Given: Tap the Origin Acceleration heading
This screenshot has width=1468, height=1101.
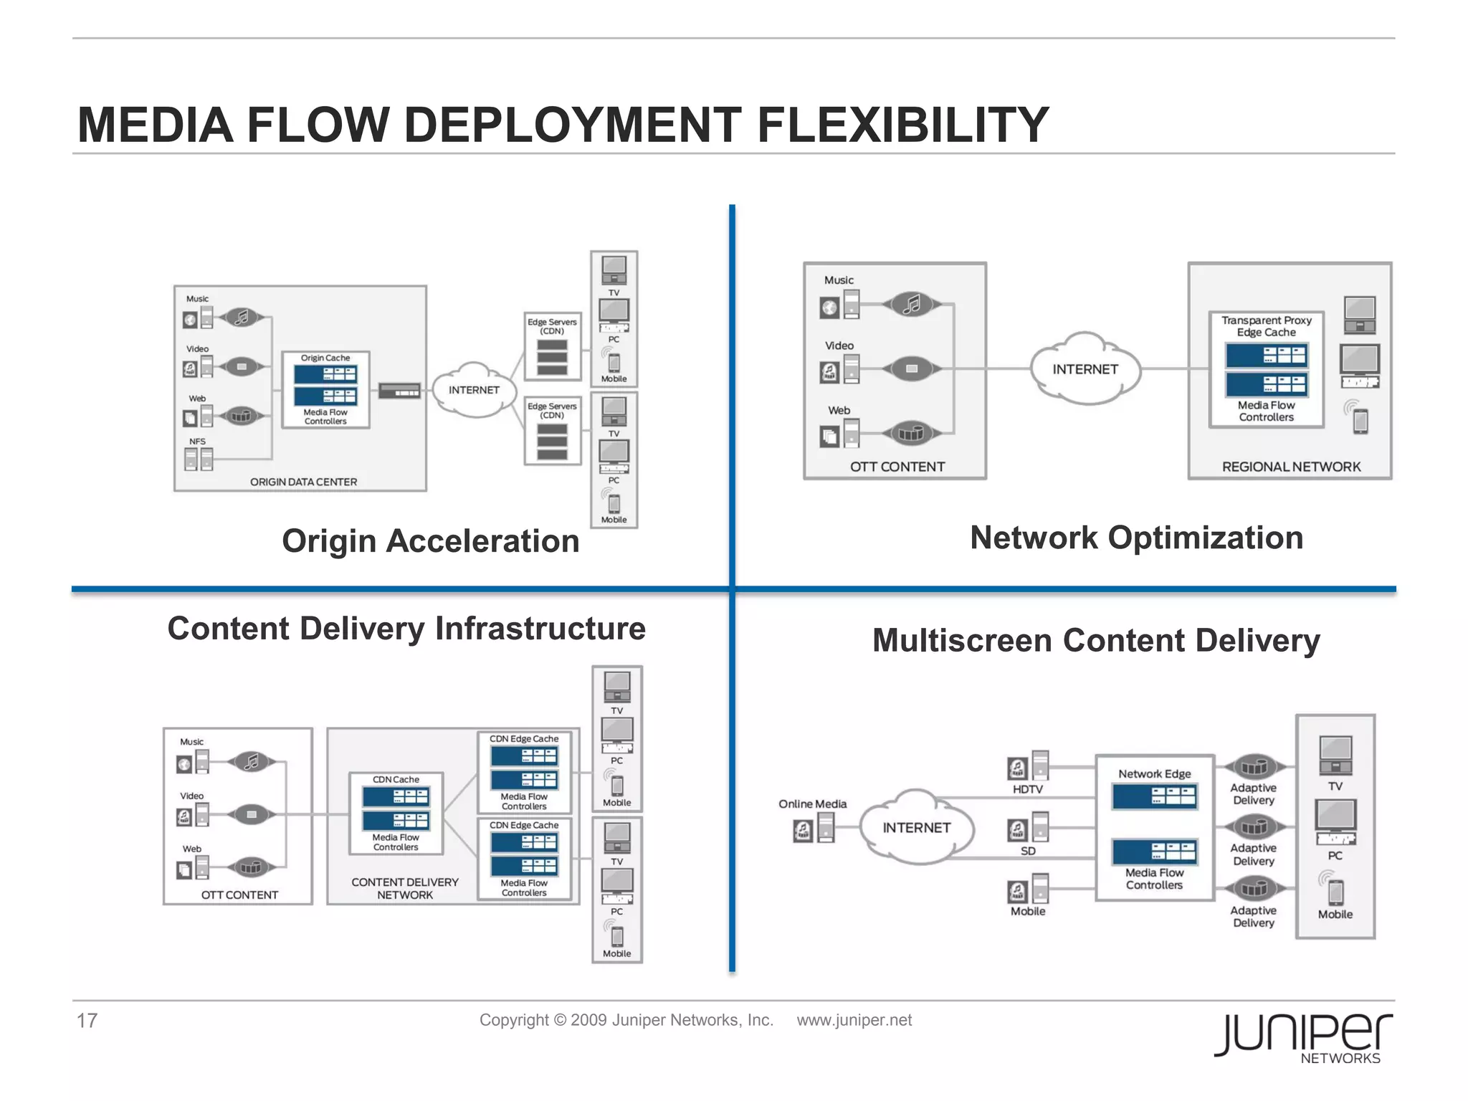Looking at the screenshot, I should tap(430, 541).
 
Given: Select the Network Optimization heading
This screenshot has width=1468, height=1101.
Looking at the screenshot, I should tap(1136, 538).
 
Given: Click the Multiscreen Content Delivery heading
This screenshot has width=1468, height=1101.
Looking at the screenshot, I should tap(1095, 640).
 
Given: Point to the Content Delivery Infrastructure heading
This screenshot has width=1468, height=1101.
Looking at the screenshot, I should tap(406, 629).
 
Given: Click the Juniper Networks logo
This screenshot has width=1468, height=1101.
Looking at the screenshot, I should tap(1303, 1037).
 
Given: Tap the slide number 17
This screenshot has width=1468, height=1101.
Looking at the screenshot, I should tap(87, 1020).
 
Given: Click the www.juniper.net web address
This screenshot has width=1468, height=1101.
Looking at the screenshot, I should tap(854, 1020).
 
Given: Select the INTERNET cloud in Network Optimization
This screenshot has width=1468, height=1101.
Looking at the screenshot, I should tap(1085, 369).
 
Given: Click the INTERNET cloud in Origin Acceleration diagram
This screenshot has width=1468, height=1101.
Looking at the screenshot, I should tap(474, 390).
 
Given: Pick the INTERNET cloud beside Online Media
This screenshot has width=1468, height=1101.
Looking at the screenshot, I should tap(916, 828).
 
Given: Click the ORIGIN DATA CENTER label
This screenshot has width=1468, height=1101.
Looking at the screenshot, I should tap(303, 482).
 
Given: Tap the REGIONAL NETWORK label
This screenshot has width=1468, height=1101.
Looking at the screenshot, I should tap(1291, 467).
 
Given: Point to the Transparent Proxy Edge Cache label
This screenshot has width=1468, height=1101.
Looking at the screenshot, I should tap(1266, 326).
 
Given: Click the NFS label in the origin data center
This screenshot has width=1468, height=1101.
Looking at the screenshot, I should tap(197, 442).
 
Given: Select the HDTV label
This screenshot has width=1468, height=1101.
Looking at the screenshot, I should tap(1027, 789).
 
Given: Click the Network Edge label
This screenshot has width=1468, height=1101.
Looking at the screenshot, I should tap(1154, 774).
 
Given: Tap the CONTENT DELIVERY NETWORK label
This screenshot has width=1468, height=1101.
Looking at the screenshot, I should tap(405, 888).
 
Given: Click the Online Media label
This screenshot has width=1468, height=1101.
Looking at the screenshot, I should tap(812, 804).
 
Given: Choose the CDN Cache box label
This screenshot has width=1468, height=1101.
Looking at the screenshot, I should tap(396, 779).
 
